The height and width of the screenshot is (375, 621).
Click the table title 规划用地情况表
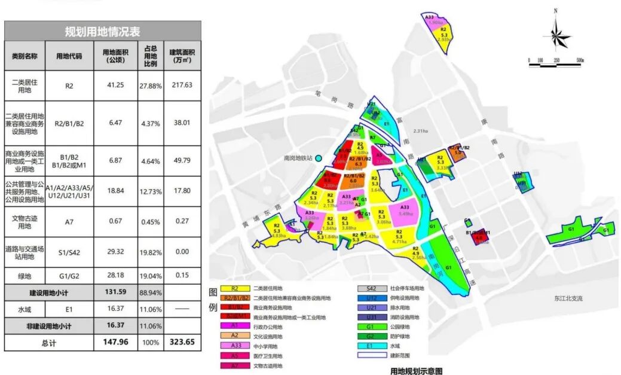tap(102, 32)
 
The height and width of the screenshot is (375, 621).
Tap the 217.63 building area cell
tap(182, 86)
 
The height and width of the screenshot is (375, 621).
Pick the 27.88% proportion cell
tap(151, 86)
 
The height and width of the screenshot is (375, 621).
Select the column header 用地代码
tap(69, 56)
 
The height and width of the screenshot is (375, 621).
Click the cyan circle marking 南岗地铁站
tap(319, 158)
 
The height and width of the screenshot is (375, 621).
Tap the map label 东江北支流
tap(567, 298)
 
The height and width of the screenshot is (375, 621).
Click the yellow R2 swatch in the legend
tap(234, 288)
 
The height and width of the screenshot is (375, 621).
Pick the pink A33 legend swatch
tap(234, 346)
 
